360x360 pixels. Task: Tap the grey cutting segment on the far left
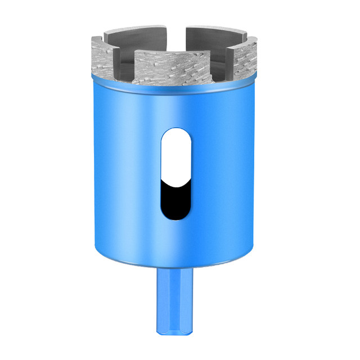[101, 56]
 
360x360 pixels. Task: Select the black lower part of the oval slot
[174, 200]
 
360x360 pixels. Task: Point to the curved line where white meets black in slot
[174, 181]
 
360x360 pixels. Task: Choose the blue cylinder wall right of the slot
[225, 174]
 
